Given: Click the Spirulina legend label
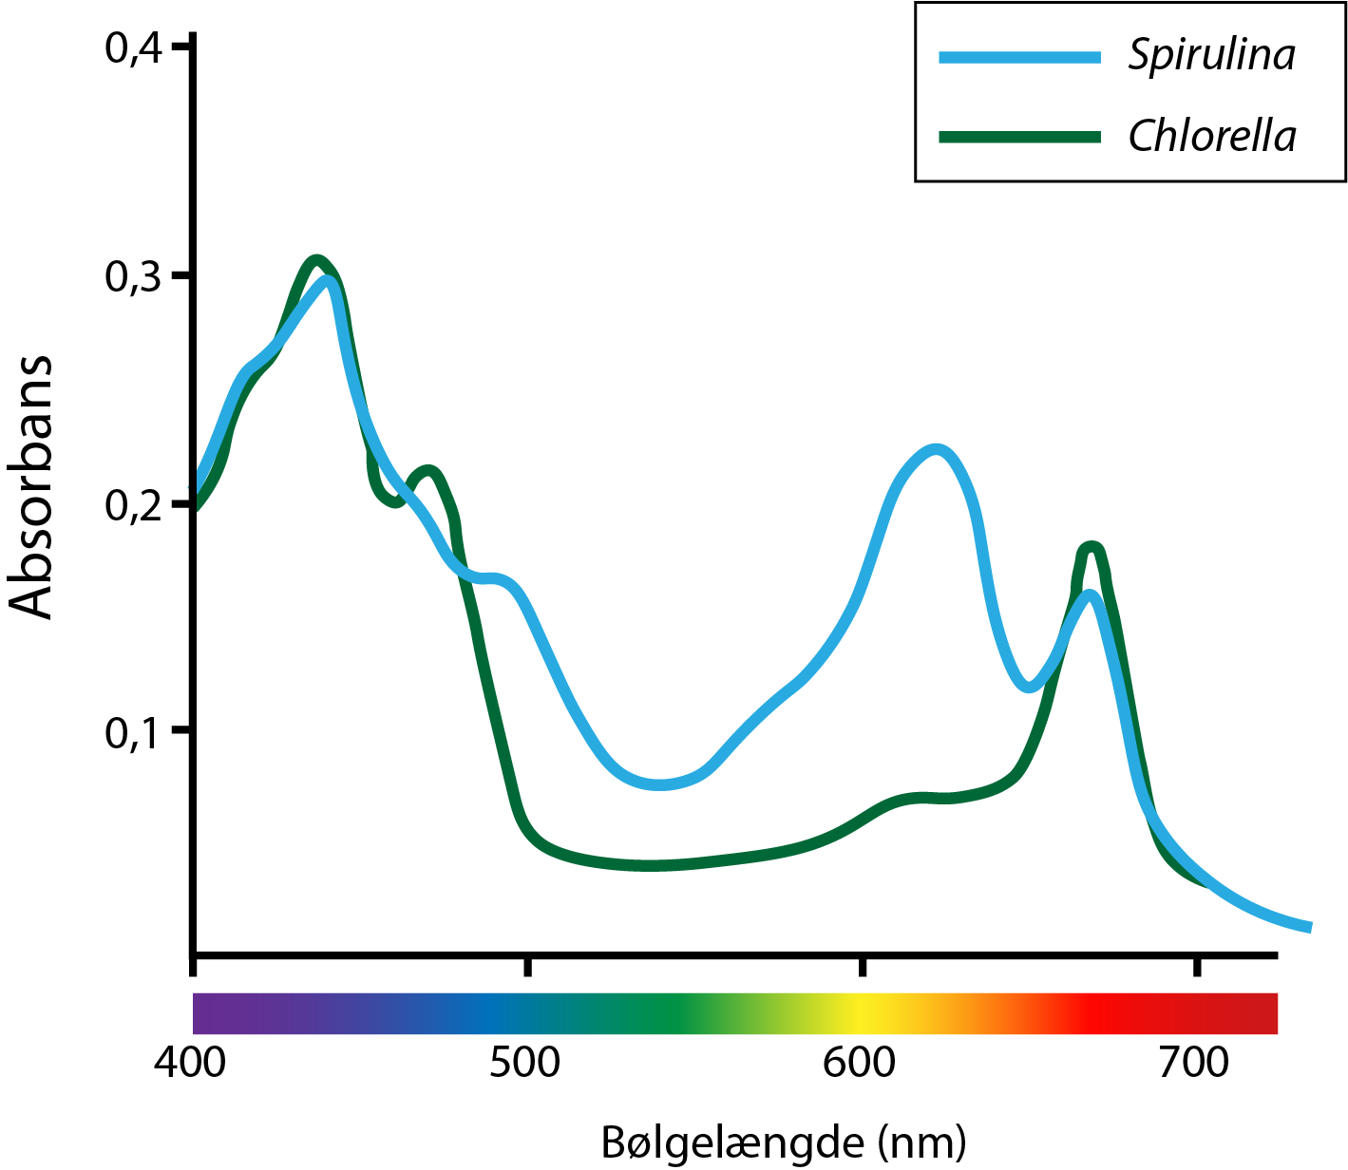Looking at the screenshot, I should [1211, 56].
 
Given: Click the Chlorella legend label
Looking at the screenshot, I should [1211, 137].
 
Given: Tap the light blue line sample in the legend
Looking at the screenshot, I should [1019, 57].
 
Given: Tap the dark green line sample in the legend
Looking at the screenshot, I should [1019, 138].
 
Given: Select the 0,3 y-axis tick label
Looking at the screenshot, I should [132, 275].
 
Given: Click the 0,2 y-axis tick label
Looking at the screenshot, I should [132, 504].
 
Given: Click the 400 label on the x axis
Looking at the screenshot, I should [190, 1063].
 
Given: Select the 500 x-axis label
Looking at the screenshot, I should [525, 1063].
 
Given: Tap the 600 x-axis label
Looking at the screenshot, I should [859, 1063].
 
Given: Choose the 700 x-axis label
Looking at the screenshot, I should [1193, 1063].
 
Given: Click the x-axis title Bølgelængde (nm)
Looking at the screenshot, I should [784, 1142].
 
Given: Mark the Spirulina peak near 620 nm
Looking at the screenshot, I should [936, 449].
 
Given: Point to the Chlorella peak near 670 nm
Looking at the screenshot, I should [1092, 547].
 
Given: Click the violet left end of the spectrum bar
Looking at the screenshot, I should [204, 1013].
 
